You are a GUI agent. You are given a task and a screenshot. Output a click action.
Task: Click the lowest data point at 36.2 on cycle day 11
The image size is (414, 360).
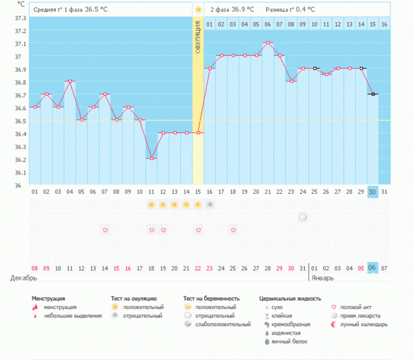151,159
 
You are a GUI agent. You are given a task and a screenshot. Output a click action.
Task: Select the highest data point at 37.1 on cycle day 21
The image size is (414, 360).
268,43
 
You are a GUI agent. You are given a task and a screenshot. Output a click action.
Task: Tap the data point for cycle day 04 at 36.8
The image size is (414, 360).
70,81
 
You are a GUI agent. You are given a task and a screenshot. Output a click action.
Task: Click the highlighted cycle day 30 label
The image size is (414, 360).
373,192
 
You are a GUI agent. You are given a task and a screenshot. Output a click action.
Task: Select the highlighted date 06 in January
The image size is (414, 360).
373,268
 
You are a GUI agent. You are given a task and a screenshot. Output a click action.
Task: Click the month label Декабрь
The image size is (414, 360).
23,278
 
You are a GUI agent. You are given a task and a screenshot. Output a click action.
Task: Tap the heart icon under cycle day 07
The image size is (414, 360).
105,230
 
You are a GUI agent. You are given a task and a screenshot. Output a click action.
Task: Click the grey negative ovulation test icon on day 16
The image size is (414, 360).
209,205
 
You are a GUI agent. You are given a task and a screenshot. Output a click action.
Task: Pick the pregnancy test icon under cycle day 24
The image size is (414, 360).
303,217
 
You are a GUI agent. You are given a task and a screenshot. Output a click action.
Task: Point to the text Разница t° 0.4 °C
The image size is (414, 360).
292,10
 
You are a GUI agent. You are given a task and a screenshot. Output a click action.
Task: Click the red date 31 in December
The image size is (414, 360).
291,268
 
